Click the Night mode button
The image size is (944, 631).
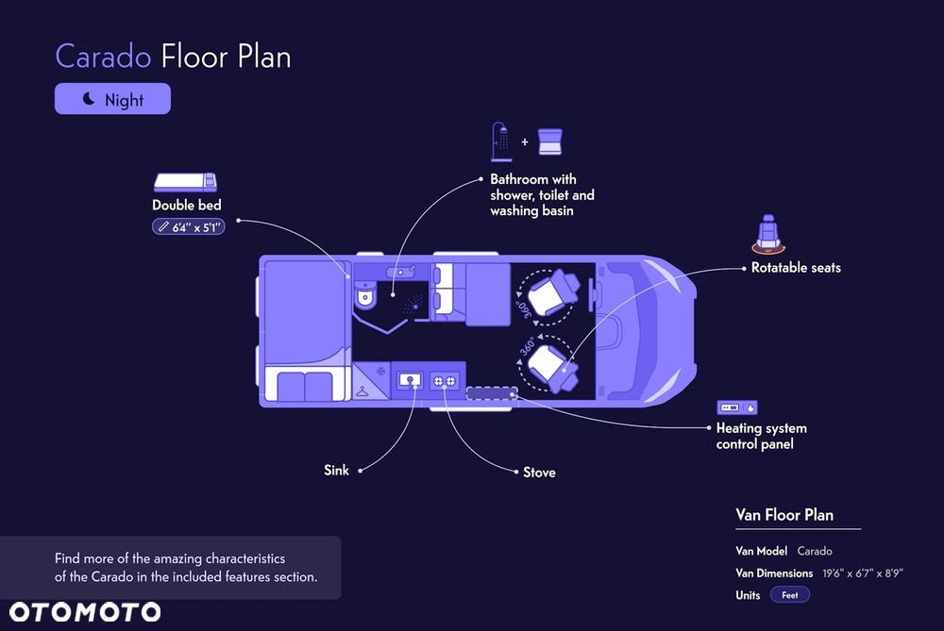pyautogui.click(x=112, y=99)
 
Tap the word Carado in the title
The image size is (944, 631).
pyautogui.click(x=103, y=58)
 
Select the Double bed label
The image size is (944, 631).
pyautogui.click(x=187, y=205)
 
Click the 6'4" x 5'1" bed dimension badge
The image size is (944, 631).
pyautogui.click(x=189, y=227)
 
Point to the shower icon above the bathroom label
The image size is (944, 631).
pyautogui.click(x=501, y=142)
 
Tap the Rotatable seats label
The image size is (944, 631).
pyautogui.click(x=796, y=268)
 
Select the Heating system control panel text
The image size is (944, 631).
pyautogui.click(x=761, y=436)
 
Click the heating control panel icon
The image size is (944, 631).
pyautogui.click(x=737, y=407)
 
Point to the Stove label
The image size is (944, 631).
pyautogui.click(x=539, y=473)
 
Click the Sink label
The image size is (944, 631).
pyautogui.click(x=336, y=470)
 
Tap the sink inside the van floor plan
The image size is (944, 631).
pyautogui.click(x=410, y=381)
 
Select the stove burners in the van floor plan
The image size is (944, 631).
pyautogui.click(x=445, y=381)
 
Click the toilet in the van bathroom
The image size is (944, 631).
pyautogui.click(x=365, y=294)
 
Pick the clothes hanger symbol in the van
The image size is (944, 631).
pyautogui.click(x=362, y=392)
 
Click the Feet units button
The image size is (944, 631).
pyautogui.click(x=790, y=595)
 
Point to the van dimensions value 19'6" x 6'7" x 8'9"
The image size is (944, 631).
pyautogui.click(x=863, y=573)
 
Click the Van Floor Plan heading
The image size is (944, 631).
pyautogui.click(x=784, y=515)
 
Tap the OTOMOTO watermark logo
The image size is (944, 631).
pyautogui.click(x=85, y=612)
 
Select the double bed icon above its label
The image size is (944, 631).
pyautogui.click(x=185, y=182)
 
